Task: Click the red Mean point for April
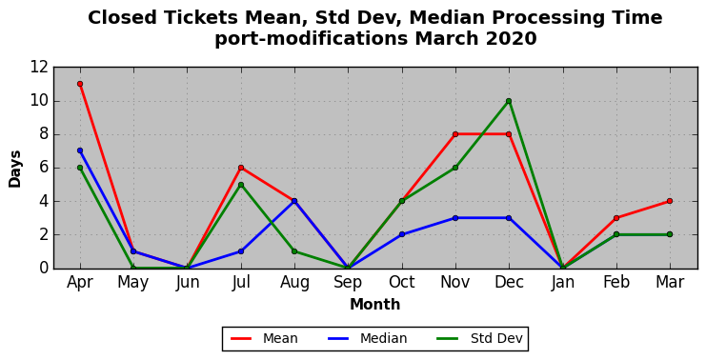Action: tap(80, 84)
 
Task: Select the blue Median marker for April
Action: tap(80, 150)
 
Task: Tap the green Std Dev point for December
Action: tap(509, 101)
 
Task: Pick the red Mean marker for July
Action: tap(241, 168)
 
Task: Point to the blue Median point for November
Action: tap(455, 218)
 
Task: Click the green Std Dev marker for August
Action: tap(294, 251)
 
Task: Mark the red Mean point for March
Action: tap(670, 201)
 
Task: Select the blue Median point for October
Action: tap(402, 234)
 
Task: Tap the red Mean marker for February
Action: tap(616, 218)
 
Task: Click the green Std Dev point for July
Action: tap(241, 185)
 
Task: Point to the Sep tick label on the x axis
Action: tap(348, 283)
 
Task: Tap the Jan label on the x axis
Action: tap(562, 283)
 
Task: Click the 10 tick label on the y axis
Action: tap(39, 101)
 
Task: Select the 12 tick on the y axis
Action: tap(39, 68)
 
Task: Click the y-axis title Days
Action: tap(15, 169)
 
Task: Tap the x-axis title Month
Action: tap(375, 305)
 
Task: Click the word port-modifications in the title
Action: tap(312, 39)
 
